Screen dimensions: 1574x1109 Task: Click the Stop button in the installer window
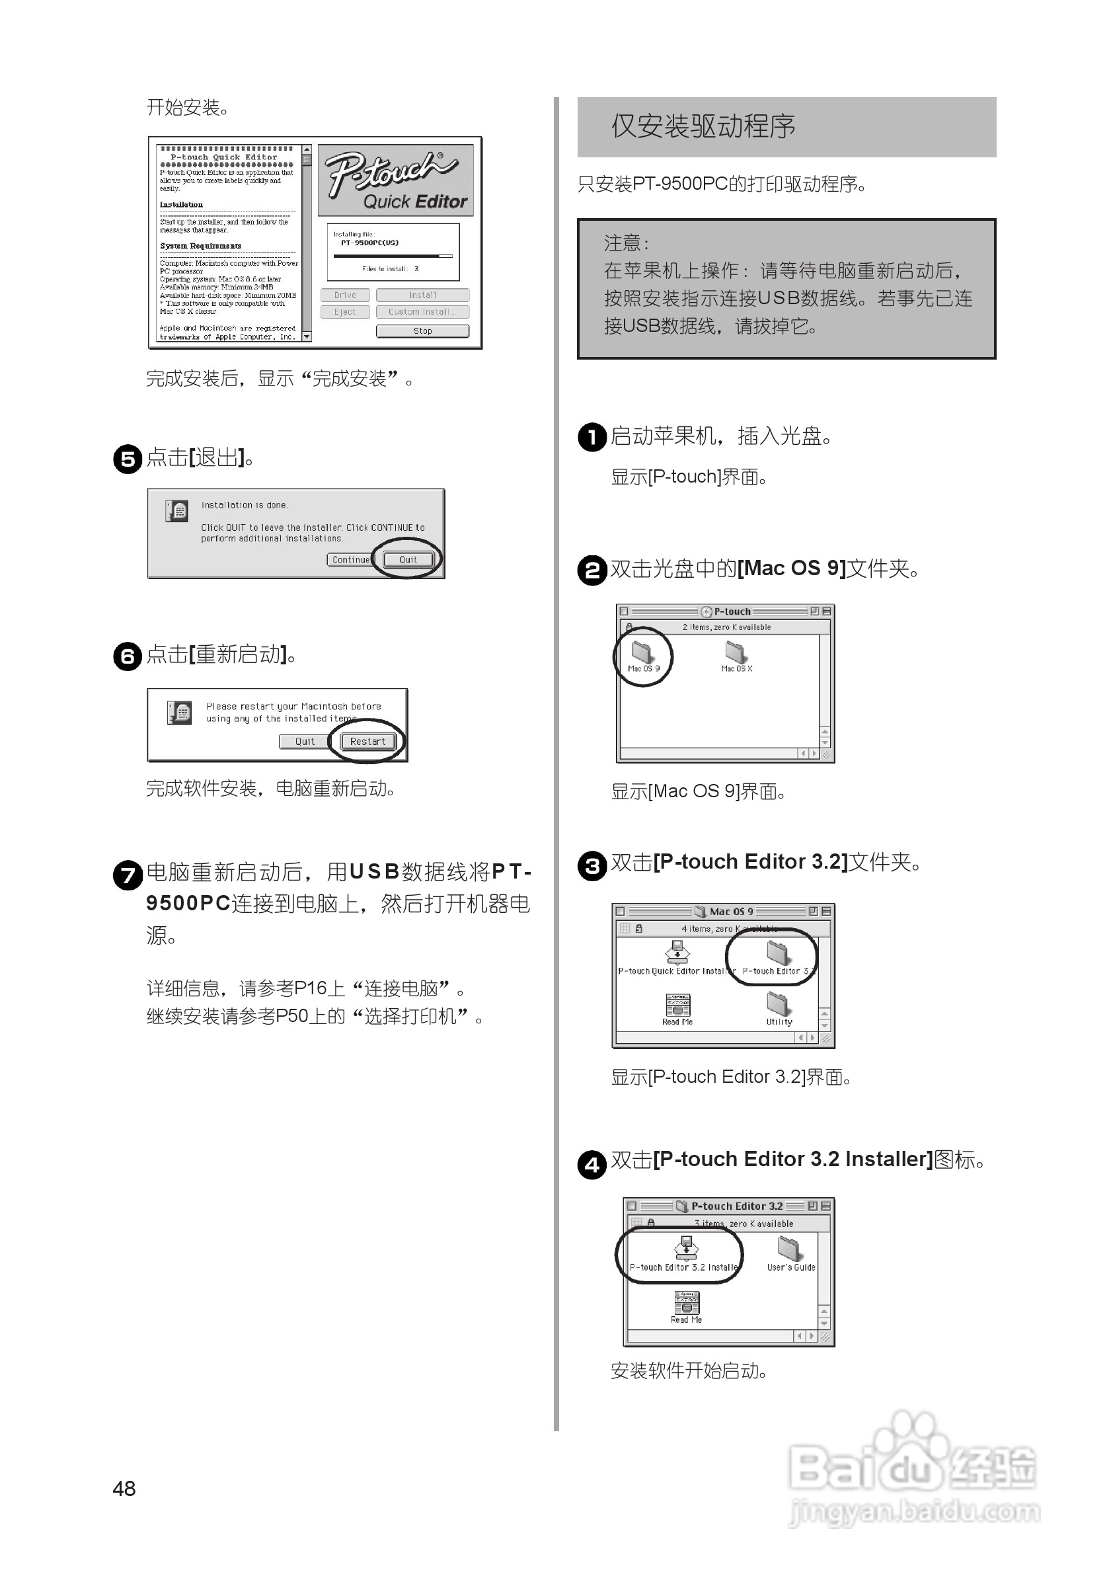coord(422,331)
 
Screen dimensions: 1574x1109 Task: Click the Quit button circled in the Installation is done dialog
coord(408,559)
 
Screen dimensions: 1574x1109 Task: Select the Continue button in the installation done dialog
coord(350,559)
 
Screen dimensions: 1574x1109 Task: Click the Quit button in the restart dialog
coord(304,741)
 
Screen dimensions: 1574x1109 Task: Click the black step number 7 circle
coord(128,875)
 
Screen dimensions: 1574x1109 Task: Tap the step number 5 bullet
coord(128,459)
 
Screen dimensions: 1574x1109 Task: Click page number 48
coord(124,1488)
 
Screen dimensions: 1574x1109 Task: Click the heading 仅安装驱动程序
coord(703,127)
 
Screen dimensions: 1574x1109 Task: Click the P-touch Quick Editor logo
coord(395,180)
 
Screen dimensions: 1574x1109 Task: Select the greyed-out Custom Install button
coord(422,312)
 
